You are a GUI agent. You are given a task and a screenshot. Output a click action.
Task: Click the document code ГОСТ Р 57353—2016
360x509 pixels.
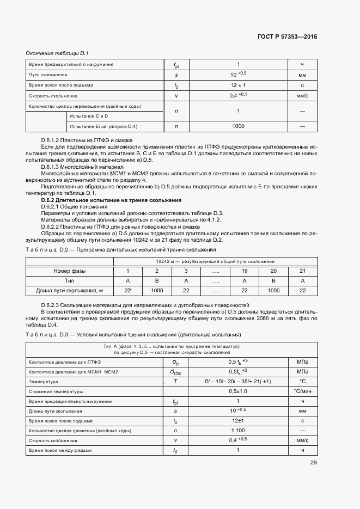(286, 36)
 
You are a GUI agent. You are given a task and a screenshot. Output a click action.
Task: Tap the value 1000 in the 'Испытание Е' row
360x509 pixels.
(238, 126)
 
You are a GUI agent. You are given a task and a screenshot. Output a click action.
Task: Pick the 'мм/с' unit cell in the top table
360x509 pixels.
(302, 95)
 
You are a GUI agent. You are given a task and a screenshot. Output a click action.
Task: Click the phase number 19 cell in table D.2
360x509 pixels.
(244, 271)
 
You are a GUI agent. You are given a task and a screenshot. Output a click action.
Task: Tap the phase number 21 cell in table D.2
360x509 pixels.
(303, 271)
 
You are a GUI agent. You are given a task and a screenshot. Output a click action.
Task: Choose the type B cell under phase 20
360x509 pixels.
(273, 280)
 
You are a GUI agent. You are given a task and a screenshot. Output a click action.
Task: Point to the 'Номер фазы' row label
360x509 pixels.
(69, 271)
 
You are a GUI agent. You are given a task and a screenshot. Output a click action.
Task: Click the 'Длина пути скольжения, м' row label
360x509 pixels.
(69, 291)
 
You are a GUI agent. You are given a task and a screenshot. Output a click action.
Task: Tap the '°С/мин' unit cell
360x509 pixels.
(302, 391)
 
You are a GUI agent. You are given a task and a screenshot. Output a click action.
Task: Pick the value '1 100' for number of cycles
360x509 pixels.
(238, 431)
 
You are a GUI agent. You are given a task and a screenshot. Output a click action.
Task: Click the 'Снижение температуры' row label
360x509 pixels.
(55, 391)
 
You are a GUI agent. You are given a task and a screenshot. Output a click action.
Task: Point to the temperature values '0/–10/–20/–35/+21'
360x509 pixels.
(238, 381)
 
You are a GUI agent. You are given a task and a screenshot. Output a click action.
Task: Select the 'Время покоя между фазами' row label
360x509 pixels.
(60, 450)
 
